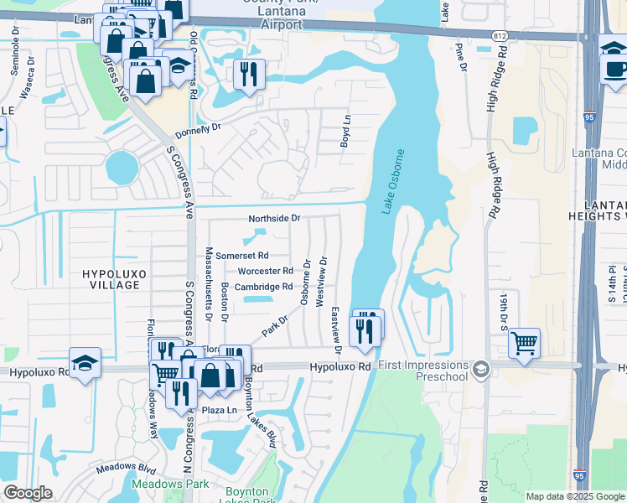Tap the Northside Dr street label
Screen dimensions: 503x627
(274, 218)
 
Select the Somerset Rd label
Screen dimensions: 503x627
(242, 255)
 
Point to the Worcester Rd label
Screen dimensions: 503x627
(265, 271)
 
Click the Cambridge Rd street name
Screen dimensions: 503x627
(262, 287)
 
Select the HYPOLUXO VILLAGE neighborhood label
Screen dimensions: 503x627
(111, 279)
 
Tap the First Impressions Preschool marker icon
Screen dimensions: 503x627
(480, 368)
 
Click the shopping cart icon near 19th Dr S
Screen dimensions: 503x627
(524, 341)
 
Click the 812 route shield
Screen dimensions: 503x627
(500, 36)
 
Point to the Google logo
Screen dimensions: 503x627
(28, 493)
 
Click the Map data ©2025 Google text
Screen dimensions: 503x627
(575, 496)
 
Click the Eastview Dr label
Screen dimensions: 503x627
(336, 324)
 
